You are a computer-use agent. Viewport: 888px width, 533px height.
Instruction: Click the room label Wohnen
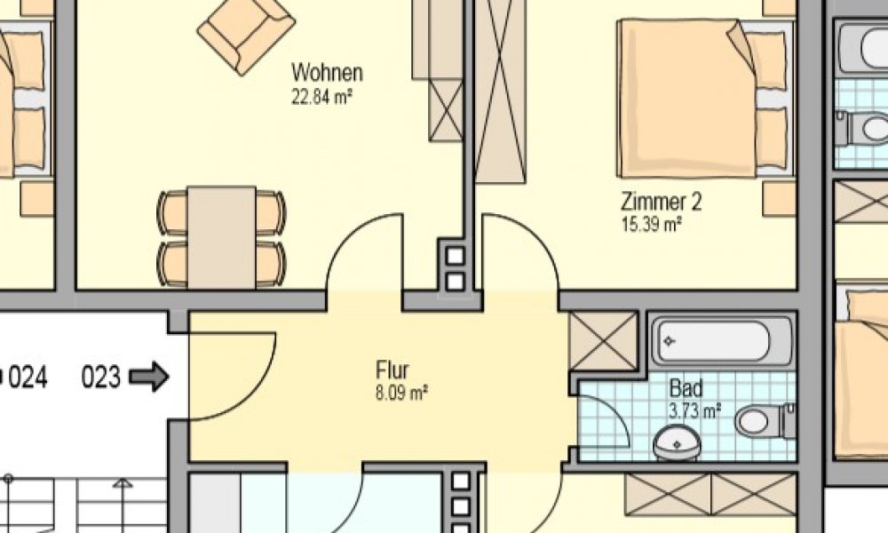click(x=327, y=72)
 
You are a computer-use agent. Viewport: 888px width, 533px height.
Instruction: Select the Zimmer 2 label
click(x=662, y=202)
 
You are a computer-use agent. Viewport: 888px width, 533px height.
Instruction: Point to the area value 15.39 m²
click(x=652, y=224)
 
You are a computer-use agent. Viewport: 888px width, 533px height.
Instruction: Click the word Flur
click(x=392, y=369)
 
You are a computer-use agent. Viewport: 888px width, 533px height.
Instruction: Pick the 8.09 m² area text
click(x=402, y=392)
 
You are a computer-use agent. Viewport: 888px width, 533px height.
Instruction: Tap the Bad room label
click(x=686, y=388)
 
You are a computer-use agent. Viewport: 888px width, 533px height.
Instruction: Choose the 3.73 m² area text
click(x=694, y=410)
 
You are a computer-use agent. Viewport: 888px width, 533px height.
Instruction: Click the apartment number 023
click(x=100, y=378)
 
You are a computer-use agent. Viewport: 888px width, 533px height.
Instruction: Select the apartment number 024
click(x=27, y=378)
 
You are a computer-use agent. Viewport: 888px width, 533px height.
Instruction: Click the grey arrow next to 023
click(x=148, y=378)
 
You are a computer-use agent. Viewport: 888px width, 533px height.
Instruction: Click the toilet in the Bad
click(x=763, y=420)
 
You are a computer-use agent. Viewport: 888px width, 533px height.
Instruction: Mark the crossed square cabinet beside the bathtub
click(x=603, y=340)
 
